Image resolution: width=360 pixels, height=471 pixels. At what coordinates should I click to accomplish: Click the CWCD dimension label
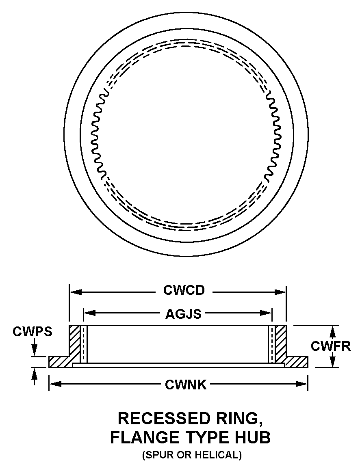184,290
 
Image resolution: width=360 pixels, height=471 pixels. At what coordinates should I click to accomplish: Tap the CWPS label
33,332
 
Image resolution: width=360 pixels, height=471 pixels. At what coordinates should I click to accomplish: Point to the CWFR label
331,346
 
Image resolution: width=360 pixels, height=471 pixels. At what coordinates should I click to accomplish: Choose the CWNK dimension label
186,385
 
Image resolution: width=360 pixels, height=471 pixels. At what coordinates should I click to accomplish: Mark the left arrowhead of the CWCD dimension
76,292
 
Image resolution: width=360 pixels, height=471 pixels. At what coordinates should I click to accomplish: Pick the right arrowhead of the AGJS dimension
266,313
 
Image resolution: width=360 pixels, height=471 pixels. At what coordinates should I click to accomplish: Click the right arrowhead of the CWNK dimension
302,384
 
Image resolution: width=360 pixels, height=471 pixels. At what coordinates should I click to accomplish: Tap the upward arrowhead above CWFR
332,332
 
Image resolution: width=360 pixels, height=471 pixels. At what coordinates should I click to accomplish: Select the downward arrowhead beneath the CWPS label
35,350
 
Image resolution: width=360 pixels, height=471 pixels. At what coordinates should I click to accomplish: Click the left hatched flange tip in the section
59,362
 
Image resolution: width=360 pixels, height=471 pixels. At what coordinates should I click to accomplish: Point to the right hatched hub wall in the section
281,344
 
